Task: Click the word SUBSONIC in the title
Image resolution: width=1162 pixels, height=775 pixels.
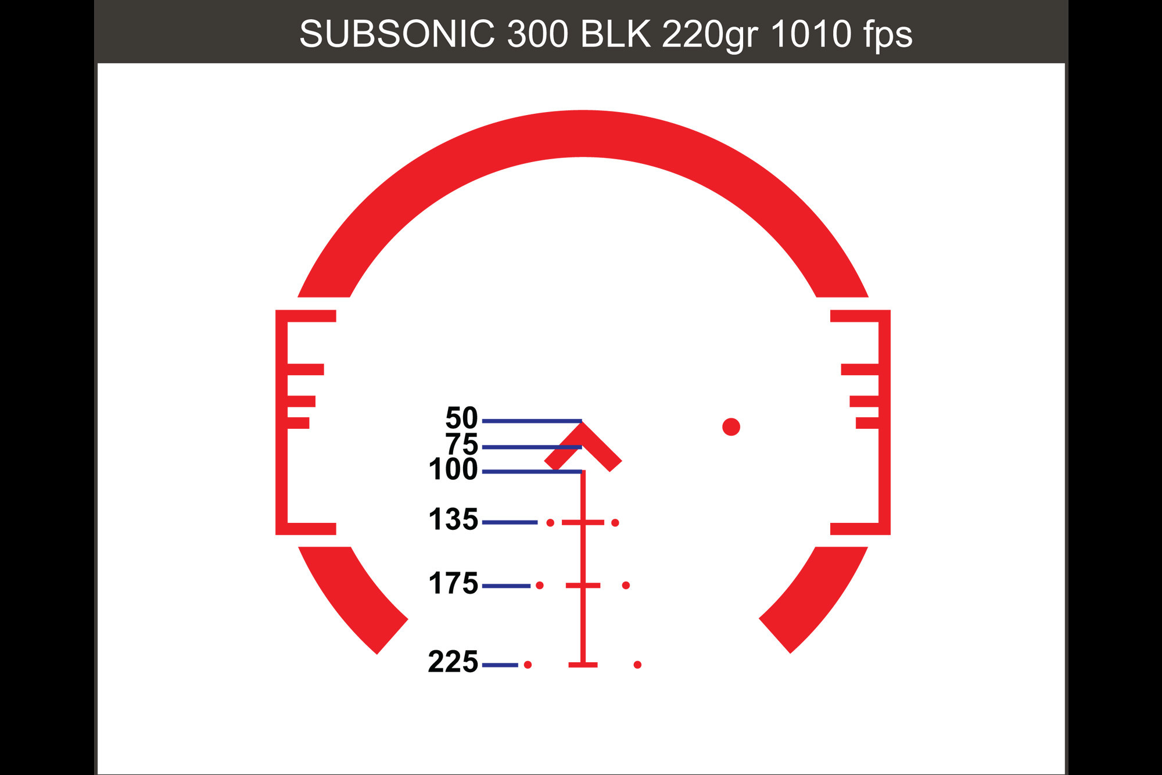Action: click(x=397, y=34)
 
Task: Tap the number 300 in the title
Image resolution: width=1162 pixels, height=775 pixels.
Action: click(x=537, y=34)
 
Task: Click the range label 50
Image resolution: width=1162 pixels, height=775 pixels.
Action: click(x=461, y=418)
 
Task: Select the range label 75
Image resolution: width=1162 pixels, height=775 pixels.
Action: click(x=461, y=444)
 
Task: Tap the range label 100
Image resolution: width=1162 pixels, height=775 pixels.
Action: click(x=453, y=469)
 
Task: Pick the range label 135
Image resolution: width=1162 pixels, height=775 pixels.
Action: click(x=453, y=519)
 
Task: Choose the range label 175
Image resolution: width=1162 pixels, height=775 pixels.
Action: click(x=453, y=583)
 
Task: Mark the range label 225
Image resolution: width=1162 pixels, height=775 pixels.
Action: click(x=453, y=662)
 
